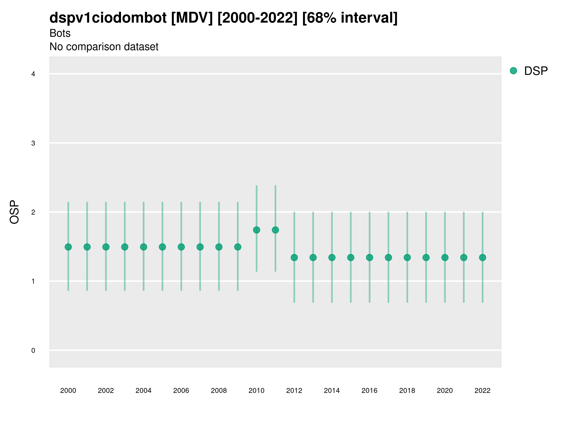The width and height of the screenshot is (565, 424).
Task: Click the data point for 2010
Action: point(256,230)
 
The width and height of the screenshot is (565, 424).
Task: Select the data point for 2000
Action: point(68,247)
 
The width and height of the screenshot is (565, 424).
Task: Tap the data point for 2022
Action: point(483,257)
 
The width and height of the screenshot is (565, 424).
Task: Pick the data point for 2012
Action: point(294,257)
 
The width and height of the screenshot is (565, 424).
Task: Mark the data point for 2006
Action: point(181,247)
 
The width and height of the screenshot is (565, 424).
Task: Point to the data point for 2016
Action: point(370,257)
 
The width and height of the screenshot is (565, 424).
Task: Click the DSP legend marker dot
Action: point(513,71)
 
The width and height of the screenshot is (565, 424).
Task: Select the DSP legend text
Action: point(536,71)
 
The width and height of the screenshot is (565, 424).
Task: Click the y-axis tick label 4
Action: point(33,74)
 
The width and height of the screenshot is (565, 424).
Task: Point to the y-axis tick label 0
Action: point(33,351)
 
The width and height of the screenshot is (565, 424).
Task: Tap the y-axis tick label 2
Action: point(33,212)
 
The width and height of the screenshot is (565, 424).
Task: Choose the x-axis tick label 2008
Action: point(219,391)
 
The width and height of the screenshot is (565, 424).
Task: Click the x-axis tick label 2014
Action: point(332,391)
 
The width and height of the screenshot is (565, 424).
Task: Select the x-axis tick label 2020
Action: point(445,391)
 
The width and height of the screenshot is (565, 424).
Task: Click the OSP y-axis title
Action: point(14,212)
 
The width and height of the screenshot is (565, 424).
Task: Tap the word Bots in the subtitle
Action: point(60,33)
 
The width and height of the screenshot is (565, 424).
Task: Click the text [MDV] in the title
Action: point(192,18)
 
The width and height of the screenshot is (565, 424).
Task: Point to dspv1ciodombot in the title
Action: point(108,18)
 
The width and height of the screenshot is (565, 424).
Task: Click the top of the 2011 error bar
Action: point(275,186)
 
